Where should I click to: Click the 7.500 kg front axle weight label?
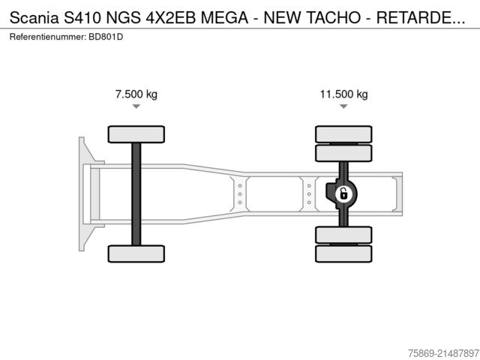click(x=136, y=94)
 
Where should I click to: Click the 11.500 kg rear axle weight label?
click(x=343, y=94)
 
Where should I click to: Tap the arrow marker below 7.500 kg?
click(x=136, y=106)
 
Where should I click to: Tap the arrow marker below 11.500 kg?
click(x=343, y=106)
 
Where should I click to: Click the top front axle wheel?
click(x=136, y=134)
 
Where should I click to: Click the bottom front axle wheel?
click(x=136, y=253)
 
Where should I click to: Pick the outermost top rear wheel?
click(x=343, y=134)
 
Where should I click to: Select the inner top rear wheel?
click(x=343, y=153)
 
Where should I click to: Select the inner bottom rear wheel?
click(x=343, y=235)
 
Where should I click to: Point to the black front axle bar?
click(x=136, y=193)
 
